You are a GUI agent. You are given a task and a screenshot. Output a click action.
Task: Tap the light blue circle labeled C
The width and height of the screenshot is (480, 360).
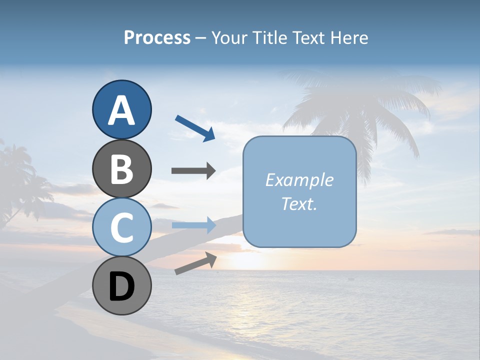[x=121, y=227]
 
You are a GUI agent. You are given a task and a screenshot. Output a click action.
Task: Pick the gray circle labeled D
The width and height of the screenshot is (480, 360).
[x=121, y=285]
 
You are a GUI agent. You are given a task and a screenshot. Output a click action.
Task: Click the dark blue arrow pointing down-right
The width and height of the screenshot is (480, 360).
[x=195, y=128]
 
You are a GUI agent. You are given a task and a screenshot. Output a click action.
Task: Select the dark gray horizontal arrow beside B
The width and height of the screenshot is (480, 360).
[x=193, y=171]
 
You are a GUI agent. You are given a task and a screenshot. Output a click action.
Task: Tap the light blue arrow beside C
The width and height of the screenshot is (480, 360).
[x=193, y=225]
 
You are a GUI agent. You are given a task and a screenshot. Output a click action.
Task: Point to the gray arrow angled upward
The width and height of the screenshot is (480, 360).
[x=195, y=263]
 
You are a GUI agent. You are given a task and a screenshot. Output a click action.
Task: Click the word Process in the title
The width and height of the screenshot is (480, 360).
[x=157, y=37]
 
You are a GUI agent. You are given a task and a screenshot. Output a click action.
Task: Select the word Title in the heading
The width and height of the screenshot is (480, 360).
[x=268, y=37]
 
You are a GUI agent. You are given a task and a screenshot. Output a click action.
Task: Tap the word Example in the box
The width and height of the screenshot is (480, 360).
[x=299, y=180]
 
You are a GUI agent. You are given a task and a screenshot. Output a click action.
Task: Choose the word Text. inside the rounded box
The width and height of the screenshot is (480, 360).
[x=299, y=203]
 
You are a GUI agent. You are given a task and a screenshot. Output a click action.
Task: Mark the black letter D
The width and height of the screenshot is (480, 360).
[x=121, y=287]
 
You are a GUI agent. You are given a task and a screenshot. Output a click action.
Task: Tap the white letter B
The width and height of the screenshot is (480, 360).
[x=121, y=169]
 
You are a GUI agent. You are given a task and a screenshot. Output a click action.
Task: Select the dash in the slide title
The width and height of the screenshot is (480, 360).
[x=200, y=38]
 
